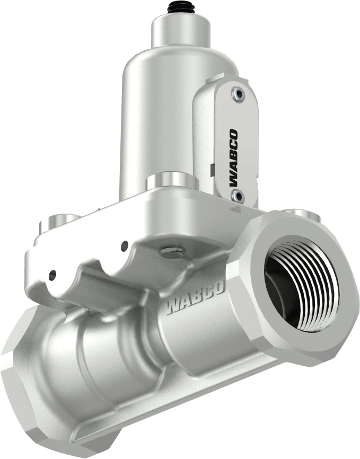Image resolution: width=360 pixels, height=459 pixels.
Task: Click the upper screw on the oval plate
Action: click(x=237, y=94)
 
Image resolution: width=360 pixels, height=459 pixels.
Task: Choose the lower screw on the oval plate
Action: click(x=236, y=197)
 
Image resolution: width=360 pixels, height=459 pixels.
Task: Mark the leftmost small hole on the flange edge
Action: click(x=52, y=275)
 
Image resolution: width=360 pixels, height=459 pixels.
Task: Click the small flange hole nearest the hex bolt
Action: click(x=125, y=245)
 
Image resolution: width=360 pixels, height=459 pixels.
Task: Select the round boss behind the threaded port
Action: click(x=300, y=214)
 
